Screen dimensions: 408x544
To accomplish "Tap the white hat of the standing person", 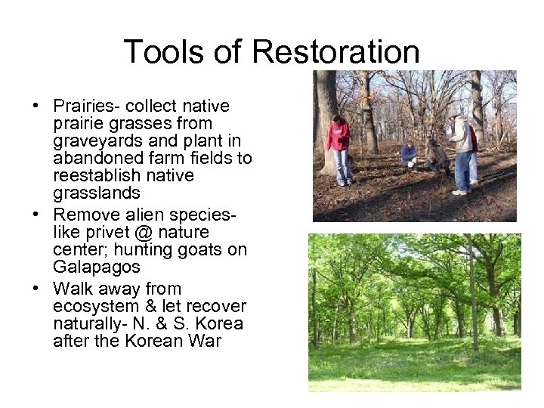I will click(453, 113).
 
